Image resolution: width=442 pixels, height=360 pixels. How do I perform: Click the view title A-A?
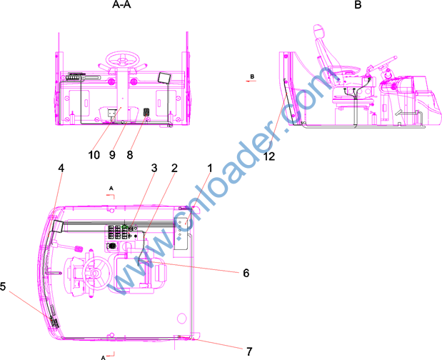(121, 4)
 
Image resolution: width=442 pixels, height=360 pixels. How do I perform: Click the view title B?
(358, 4)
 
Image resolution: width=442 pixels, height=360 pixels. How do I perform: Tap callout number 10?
(94, 155)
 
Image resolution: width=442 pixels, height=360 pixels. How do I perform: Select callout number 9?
(112, 155)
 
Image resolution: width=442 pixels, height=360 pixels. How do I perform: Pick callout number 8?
(130, 155)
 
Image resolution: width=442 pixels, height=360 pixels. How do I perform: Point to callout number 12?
(269, 156)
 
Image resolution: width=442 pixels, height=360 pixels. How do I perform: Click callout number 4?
(61, 168)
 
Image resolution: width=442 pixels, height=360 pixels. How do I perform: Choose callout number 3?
(154, 168)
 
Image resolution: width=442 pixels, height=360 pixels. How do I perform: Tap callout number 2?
(174, 168)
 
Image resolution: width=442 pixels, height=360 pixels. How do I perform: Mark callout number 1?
(209, 168)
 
